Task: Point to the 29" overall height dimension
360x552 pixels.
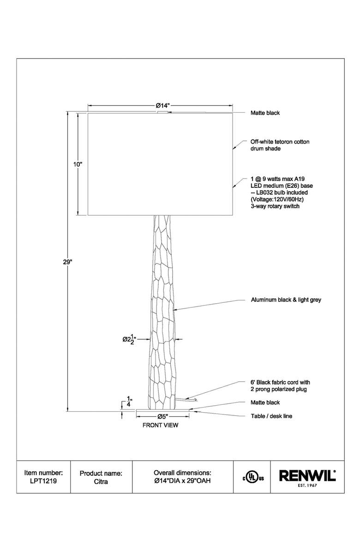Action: click(x=68, y=262)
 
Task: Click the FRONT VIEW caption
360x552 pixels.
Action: click(x=160, y=425)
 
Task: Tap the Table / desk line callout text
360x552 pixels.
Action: click(x=271, y=416)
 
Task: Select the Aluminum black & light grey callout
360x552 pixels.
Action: click(x=286, y=300)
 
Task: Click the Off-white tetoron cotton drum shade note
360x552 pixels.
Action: click(x=280, y=145)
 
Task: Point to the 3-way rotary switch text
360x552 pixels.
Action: click(x=275, y=206)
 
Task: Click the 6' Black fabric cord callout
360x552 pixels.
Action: click(x=280, y=386)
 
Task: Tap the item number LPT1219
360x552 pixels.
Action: click(x=44, y=480)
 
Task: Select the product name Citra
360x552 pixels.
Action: click(x=101, y=480)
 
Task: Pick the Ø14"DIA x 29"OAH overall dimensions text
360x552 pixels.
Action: click(x=182, y=480)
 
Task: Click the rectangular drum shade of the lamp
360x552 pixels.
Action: click(x=160, y=164)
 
